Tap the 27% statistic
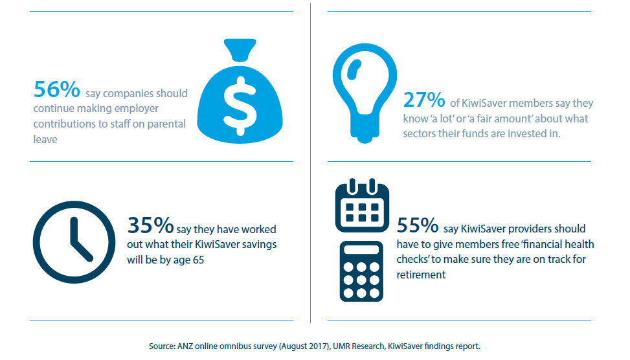(x=424, y=100)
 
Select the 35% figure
(x=150, y=225)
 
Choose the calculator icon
(x=362, y=271)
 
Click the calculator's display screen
(x=362, y=250)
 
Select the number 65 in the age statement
(x=202, y=260)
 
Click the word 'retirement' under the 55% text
(x=421, y=275)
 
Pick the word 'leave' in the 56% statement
(x=45, y=139)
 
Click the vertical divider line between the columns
(x=310, y=162)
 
